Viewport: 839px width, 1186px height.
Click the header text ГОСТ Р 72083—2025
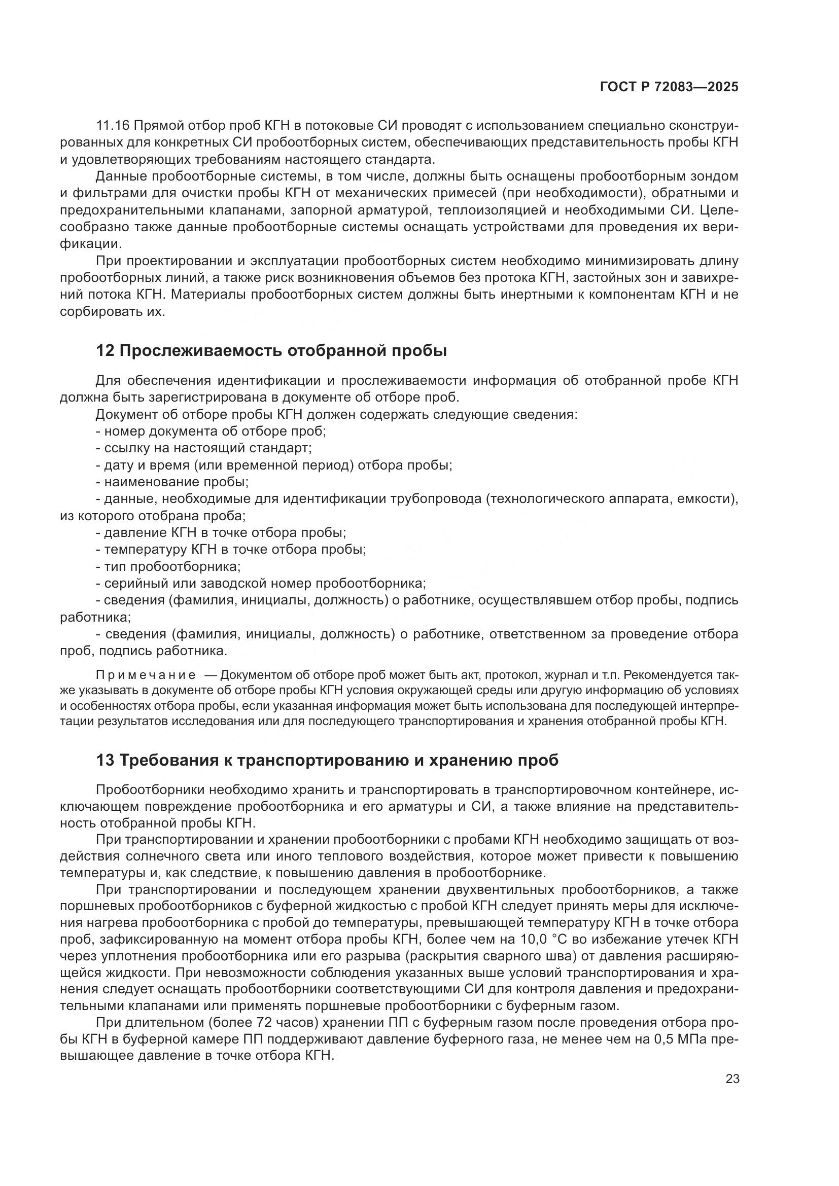click(669, 87)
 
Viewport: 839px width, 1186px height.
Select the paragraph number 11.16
click(113, 126)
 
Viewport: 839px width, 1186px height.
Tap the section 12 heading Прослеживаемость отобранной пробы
click(271, 351)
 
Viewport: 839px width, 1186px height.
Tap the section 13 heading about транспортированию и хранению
click(327, 761)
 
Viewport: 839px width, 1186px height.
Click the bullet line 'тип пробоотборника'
click(168, 567)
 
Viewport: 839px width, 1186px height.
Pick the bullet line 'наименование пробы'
click(172, 482)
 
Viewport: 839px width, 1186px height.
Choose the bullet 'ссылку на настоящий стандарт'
click(203, 448)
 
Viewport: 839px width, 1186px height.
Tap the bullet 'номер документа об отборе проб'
click(211, 431)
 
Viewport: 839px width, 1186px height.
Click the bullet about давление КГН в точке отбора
click(221, 532)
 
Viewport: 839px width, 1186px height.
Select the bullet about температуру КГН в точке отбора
click(230, 550)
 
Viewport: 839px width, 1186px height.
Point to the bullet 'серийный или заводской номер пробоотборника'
click(260, 584)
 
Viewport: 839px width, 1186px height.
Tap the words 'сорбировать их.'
click(113, 312)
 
